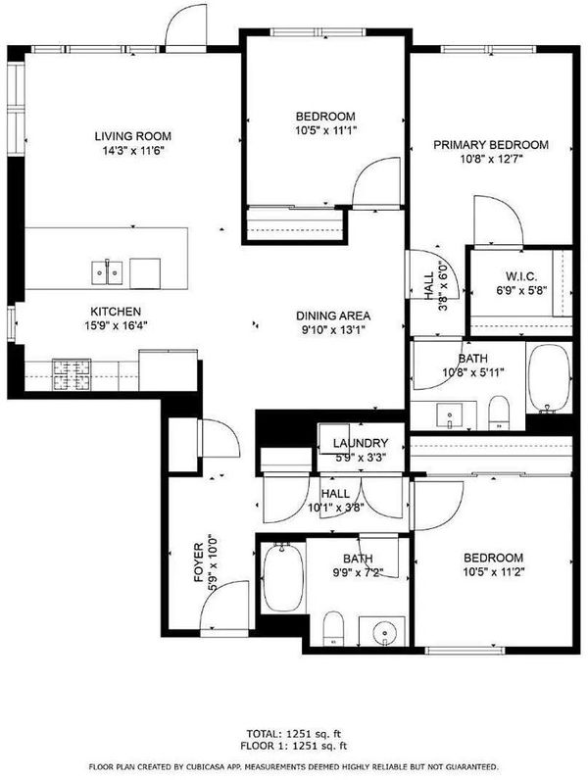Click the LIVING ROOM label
tap(133, 136)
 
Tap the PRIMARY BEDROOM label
tap(491, 145)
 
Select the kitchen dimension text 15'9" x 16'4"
tap(117, 326)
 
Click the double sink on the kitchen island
tap(107, 272)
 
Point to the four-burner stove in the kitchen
tap(73, 374)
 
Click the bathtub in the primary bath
tap(549, 377)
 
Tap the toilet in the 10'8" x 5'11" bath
tap(498, 413)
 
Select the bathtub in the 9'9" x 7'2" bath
tap(282, 577)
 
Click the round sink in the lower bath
tap(383, 632)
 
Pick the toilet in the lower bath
tap(333, 629)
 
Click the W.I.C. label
tap(520, 277)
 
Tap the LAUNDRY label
tap(361, 443)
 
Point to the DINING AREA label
tap(333, 316)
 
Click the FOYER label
tap(199, 563)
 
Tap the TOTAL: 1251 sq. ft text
tap(294, 733)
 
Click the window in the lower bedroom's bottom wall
tap(465, 651)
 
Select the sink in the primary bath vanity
tap(450, 415)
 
